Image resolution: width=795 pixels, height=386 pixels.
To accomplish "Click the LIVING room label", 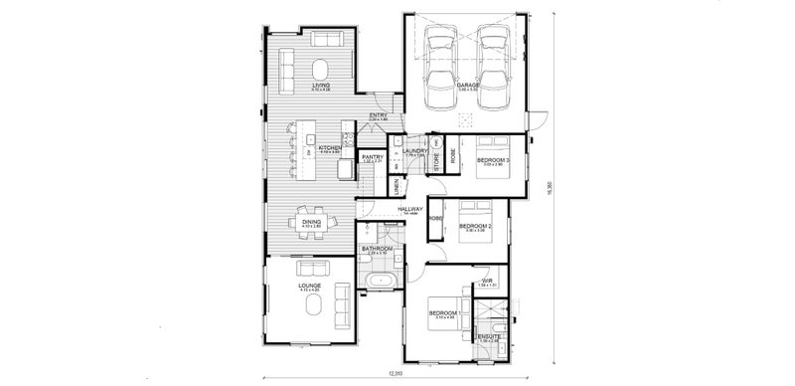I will coord(320,87).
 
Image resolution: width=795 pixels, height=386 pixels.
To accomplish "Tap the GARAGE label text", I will coord(468,87).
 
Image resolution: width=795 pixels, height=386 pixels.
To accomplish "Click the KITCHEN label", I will coord(331,148).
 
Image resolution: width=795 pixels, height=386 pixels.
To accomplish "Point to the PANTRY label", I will coord(373,157).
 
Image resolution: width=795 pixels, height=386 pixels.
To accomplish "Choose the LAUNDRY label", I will coord(413,151).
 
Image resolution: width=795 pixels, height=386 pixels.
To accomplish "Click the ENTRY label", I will coord(378,115).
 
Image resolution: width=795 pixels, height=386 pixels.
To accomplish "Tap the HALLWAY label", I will coord(410,210).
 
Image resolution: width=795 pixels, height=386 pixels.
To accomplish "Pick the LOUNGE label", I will coord(310,287).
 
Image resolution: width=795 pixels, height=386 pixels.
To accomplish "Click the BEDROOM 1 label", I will coord(442,313).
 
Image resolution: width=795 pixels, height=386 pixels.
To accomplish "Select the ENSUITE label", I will coord(489,337).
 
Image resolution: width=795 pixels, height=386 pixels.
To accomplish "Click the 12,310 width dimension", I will coord(397,373).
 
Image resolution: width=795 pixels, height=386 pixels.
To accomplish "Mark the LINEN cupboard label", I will coord(396,187).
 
